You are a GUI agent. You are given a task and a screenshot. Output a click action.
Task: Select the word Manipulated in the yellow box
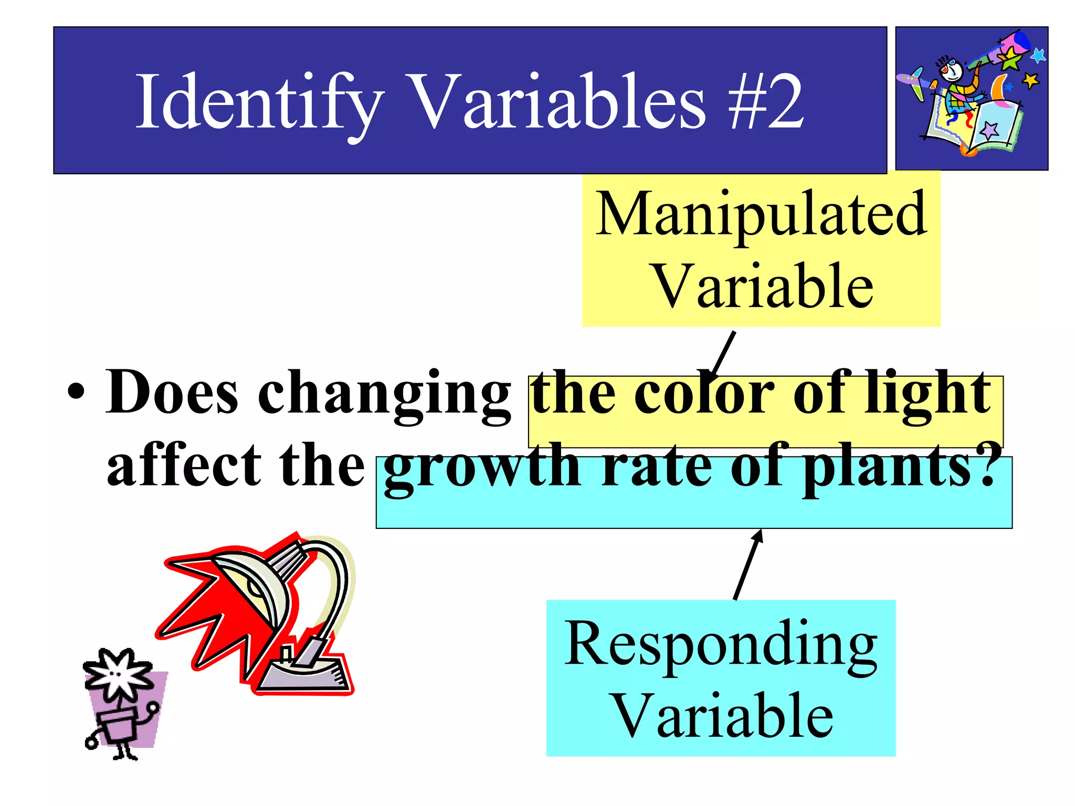click(x=761, y=215)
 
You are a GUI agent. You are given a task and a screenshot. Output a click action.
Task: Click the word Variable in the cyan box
click(x=722, y=717)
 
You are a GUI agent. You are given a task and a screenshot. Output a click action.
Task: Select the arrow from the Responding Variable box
click(x=748, y=564)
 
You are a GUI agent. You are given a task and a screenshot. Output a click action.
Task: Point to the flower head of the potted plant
click(x=119, y=674)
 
